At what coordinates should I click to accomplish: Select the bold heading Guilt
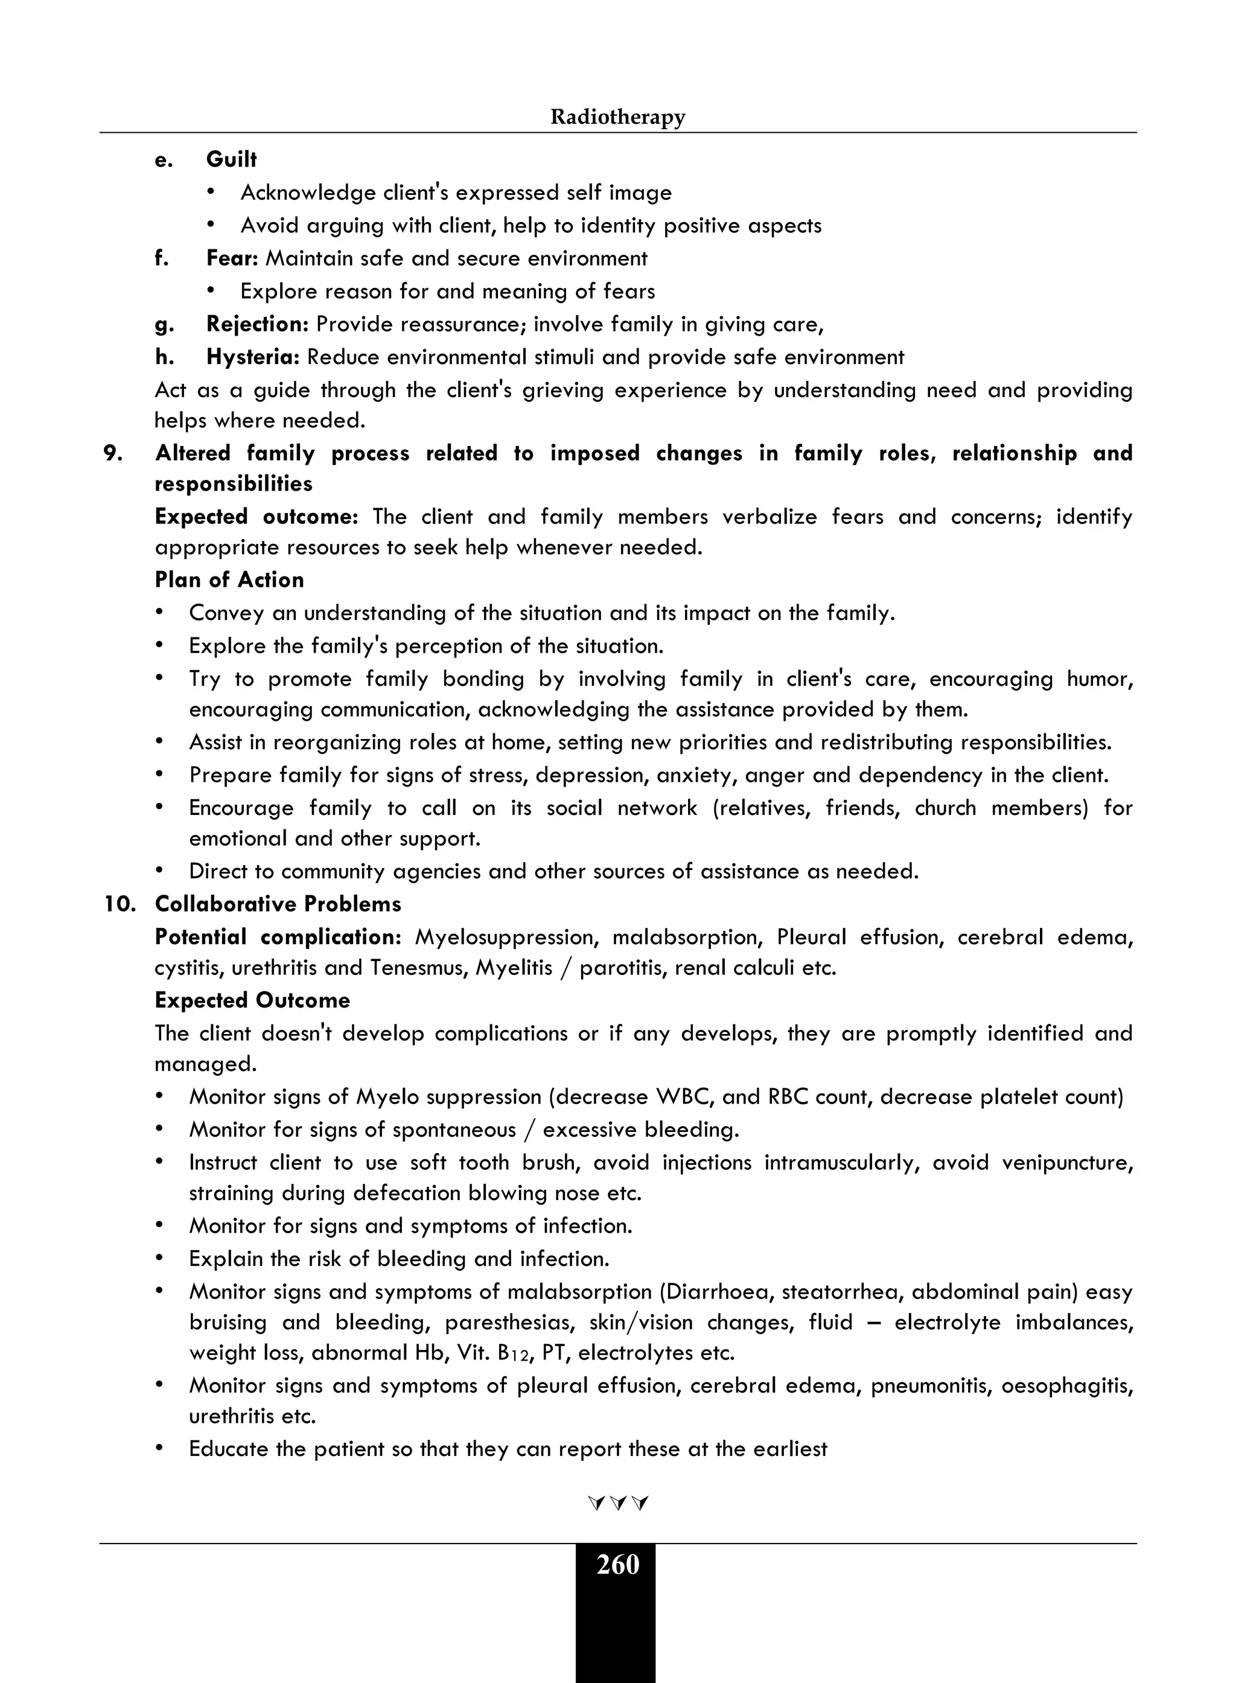click(x=231, y=159)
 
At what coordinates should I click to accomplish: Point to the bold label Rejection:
click(x=257, y=324)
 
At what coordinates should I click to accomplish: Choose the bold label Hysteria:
click(x=253, y=357)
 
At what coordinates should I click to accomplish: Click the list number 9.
click(x=113, y=453)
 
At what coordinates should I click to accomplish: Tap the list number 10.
click(x=119, y=904)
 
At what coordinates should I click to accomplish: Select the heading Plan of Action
click(x=229, y=580)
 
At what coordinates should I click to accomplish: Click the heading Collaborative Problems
click(x=278, y=904)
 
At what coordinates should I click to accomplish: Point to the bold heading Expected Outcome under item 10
click(x=252, y=1000)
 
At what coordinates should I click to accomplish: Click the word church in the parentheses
click(x=945, y=808)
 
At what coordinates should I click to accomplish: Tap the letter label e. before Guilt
click(x=163, y=159)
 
